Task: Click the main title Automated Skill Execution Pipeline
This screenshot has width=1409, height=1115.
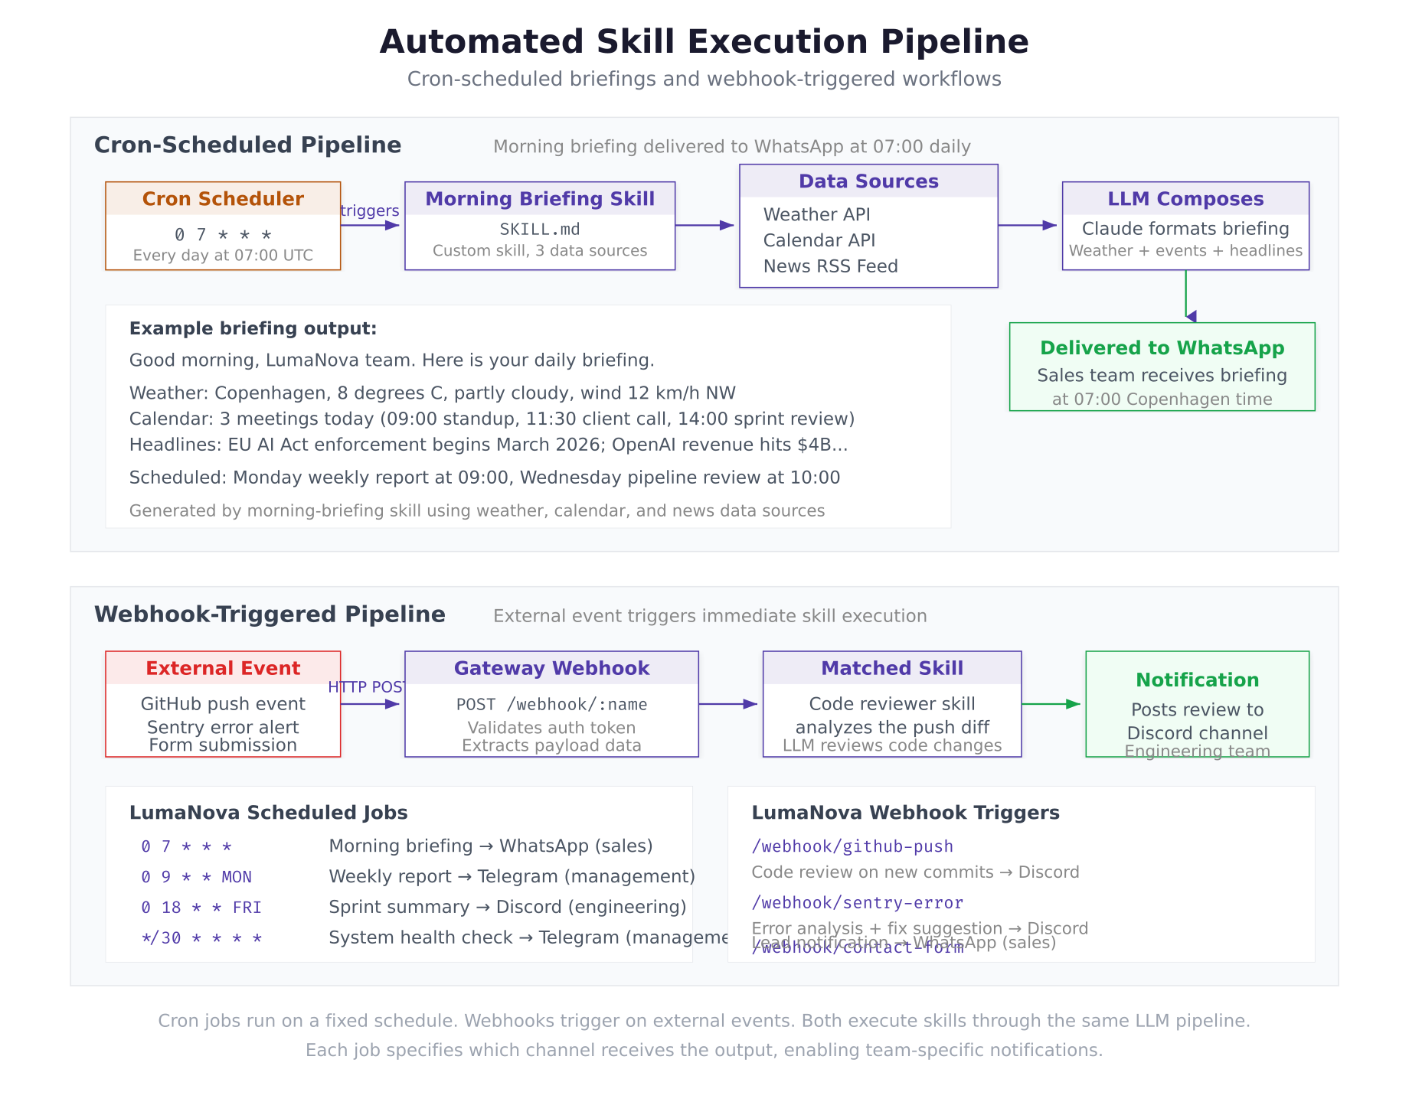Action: tap(704, 42)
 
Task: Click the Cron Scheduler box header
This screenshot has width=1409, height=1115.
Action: tap(223, 199)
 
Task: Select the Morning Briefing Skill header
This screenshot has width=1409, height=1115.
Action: tap(540, 199)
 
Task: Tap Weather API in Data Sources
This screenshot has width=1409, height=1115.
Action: tap(816, 215)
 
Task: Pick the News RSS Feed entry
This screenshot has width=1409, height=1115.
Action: tap(830, 266)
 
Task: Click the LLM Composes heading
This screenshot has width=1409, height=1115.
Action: tap(1185, 199)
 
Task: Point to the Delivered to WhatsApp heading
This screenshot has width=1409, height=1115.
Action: tap(1162, 348)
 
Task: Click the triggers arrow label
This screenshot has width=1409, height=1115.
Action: tap(370, 211)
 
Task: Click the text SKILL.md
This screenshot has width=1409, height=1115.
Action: tap(540, 230)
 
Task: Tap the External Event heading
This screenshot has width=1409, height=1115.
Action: tap(223, 668)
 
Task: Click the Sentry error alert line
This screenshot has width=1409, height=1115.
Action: tap(223, 727)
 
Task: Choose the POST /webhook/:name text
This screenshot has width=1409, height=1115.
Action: tap(551, 705)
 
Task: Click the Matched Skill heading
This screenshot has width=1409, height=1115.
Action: tap(892, 668)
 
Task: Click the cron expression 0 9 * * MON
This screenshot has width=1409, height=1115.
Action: tap(197, 877)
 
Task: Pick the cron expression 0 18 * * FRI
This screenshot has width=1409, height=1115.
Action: tap(201, 908)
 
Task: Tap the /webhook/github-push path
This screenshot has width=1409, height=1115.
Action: tap(852, 846)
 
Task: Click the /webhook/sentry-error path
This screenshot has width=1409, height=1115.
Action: tap(857, 903)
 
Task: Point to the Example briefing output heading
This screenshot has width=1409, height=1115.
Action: tap(253, 329)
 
